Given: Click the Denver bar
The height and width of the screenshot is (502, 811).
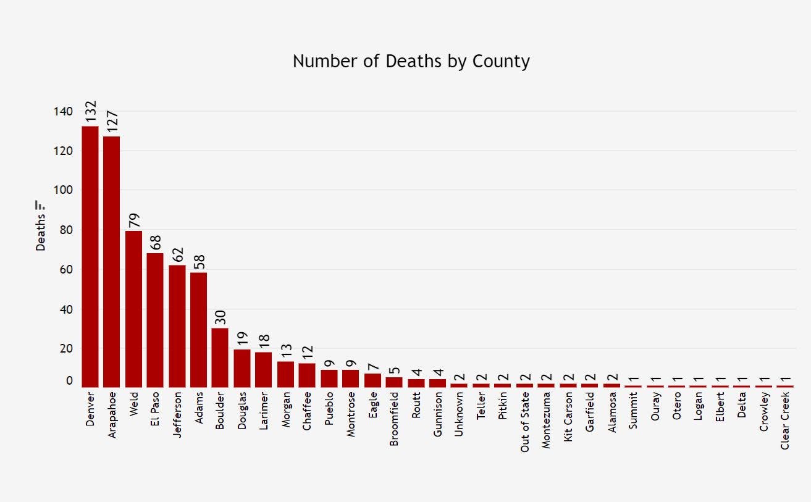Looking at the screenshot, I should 90,256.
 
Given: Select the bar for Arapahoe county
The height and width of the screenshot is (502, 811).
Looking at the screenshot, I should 112,262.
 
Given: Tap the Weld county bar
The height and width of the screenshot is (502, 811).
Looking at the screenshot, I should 133,309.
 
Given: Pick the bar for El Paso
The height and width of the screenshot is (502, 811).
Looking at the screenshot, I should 155,320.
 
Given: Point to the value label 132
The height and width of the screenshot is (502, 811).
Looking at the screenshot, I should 90,112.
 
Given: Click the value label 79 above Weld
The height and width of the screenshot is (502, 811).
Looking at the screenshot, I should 133,220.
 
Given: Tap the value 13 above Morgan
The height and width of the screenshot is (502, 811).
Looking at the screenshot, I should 285,351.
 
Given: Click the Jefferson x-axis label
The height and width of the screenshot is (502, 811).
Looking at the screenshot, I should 177,414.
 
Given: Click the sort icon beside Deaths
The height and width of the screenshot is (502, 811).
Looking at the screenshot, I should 41,205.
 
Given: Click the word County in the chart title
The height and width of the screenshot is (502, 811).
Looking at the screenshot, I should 501,61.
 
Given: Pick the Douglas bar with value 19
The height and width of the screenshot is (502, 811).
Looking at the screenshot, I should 242,368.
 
